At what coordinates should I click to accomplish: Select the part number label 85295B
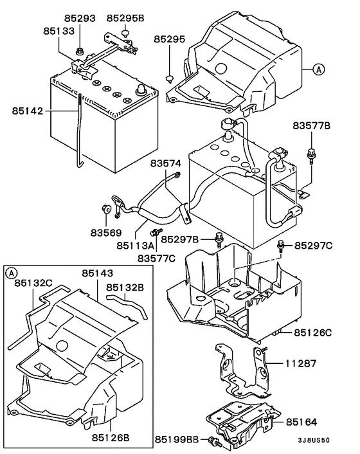coord(125,18)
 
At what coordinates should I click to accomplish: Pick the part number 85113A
coord(136,245)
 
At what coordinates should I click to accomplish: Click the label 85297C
coord(314,246)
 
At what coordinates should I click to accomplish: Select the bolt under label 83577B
coord(312,152)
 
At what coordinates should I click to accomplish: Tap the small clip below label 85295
coord(168,79)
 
